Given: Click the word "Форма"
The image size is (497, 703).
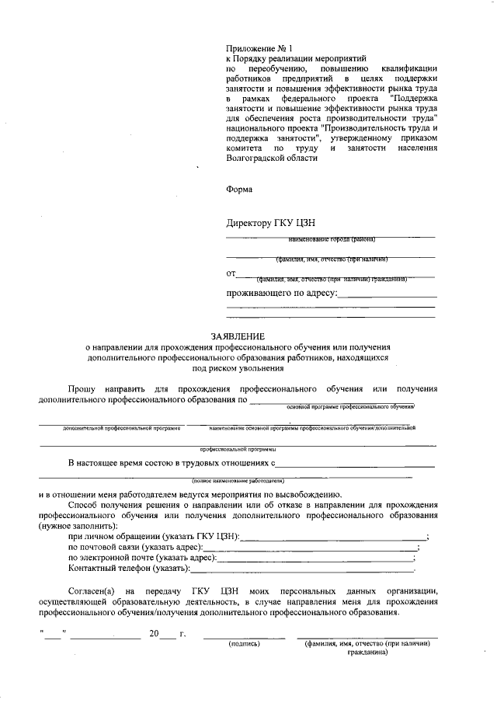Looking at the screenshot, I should [x=239, y=188].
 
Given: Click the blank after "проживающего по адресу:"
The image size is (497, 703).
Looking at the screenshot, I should [x=387, y=294].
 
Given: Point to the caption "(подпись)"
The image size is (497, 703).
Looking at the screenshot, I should [x=243, y=644].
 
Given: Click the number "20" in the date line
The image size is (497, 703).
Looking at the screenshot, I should [x=154, y=634].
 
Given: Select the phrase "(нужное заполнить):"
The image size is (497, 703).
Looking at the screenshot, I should [x=78, y=526].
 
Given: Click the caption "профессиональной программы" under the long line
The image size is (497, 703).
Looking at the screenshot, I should [x=225, y=449].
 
